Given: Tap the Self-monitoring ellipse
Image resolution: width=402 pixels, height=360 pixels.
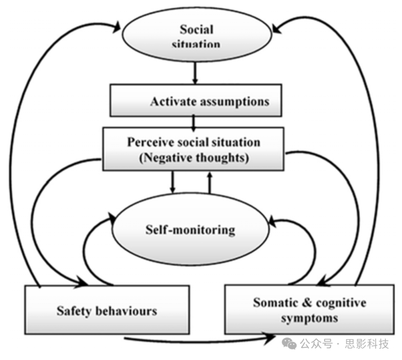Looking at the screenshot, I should [190, 230].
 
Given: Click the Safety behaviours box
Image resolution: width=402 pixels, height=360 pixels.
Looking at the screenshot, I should [107, 310].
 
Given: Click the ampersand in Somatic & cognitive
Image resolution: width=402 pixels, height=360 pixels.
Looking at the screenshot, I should [307, 302].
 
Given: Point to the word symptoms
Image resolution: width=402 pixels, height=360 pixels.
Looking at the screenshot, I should [309, 318].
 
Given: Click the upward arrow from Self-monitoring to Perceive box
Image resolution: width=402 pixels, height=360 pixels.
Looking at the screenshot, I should [209, 183].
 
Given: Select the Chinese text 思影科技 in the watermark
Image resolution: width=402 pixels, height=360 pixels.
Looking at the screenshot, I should [367, 344].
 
